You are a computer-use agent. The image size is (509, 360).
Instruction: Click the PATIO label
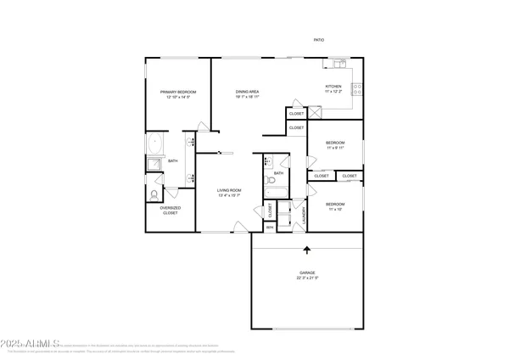click(x=318, y=40)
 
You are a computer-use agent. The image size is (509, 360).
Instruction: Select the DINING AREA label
click(x=247, y=92)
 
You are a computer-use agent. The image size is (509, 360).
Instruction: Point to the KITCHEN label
click(x=334, y=86)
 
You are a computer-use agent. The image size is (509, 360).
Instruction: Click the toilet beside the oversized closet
click(x=153, y=194)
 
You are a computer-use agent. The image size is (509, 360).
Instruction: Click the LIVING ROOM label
click(x=230, y=190)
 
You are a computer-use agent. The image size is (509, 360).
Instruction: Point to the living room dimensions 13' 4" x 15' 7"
click(x=230, y=196)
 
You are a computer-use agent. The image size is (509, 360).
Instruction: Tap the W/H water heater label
click(x=270, y=227)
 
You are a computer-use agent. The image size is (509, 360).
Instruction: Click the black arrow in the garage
click(x=307, y=250)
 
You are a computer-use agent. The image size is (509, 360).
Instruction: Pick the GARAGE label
click(x=307, y=273)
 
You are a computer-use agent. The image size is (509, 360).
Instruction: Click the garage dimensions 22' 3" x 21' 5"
click(x=307, y=278)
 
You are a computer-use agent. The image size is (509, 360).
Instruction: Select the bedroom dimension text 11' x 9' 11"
click(x=335, y=148)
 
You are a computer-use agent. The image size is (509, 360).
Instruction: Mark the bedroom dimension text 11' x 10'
click(x=335, y=209)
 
